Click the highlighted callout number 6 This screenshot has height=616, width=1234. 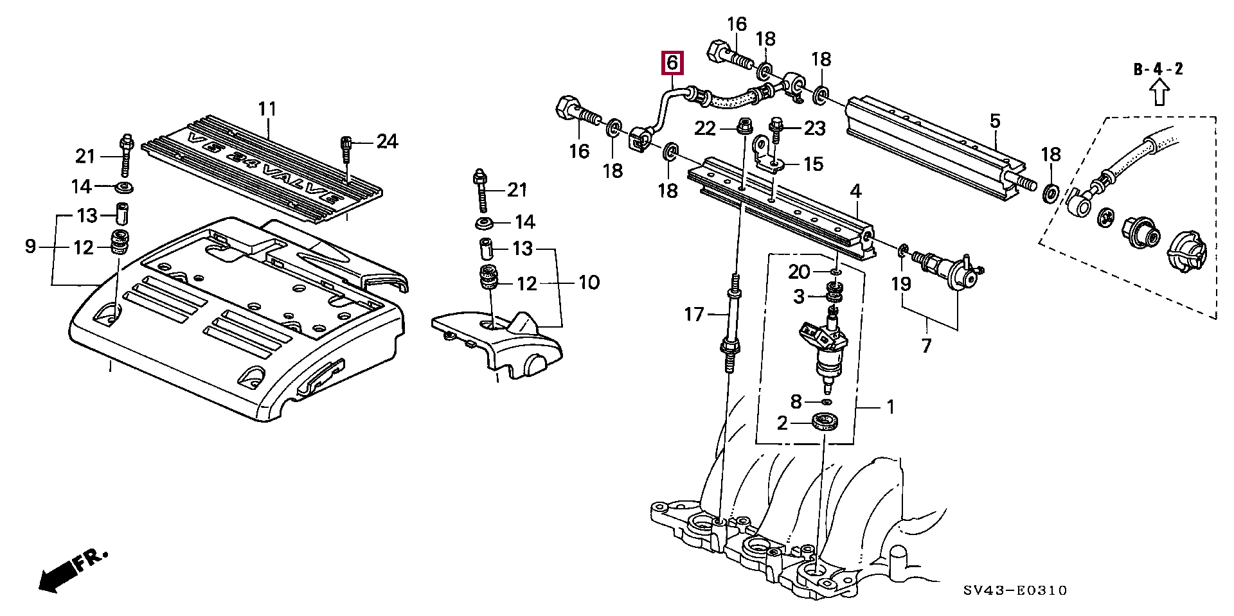tap(672, 63)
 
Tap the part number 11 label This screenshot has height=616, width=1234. tap(267, 109)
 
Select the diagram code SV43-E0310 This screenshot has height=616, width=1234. tap(1015, 590)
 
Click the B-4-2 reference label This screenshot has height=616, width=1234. tap(1158, 69)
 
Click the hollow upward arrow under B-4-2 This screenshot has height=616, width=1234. tap(1159, 92)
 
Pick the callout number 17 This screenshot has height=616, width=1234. tap(694, 314)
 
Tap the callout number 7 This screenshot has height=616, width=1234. tap(926, 346)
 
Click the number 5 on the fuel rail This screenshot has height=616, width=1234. tap(995, 121)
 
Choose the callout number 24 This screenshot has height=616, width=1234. tap(388, 141)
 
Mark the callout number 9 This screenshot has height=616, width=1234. tap(30, 246)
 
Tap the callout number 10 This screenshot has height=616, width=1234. tap(589, 282)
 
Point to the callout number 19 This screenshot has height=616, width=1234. tap(901, 283)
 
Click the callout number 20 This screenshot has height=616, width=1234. tap(799, 272)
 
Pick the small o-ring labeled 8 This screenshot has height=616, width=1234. tap(827, 401)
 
